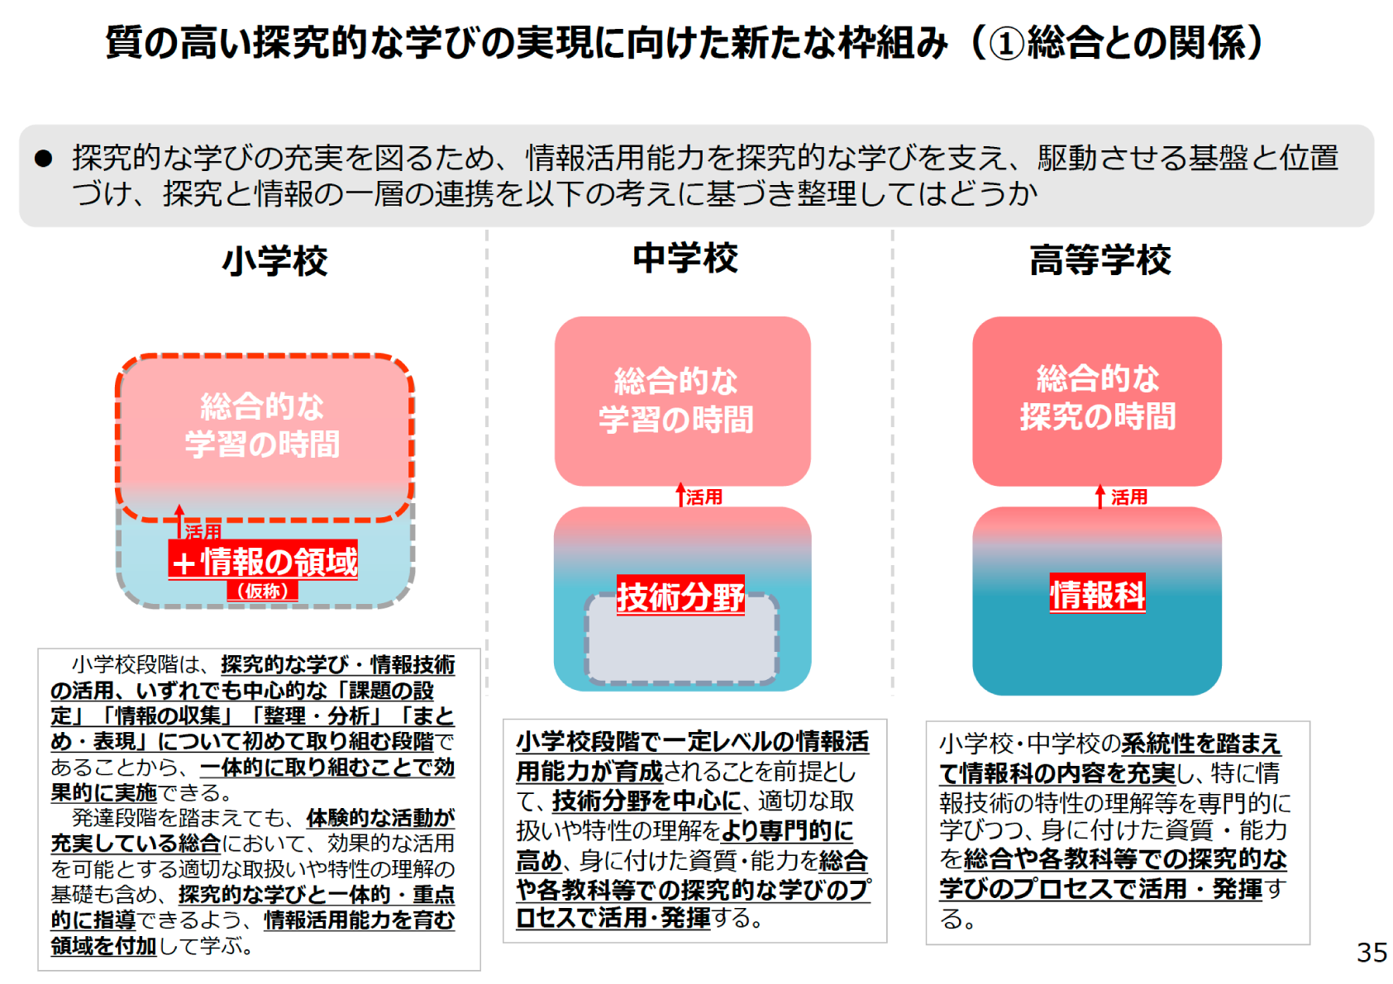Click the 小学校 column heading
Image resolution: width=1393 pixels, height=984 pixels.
coord(274,260)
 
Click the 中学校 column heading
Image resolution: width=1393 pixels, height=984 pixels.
coord(685,258)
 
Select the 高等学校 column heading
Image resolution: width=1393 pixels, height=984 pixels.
coord(1100,259)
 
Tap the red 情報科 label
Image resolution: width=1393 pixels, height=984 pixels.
coord(1097,594)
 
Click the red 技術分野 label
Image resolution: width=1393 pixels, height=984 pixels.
coord(680,596)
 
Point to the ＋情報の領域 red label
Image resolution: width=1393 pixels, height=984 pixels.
coord(263,561)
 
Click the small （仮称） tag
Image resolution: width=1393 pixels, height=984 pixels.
coord(262,591)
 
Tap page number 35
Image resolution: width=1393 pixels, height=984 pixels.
coord(1371,953)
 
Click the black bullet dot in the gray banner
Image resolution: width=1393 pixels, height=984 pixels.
coord(44,159)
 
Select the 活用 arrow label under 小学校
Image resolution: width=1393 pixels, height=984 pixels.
coord(203,531)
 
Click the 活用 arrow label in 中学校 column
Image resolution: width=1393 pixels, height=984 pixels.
coord(704,497)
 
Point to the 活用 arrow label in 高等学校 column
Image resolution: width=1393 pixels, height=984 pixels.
coord(1129,497)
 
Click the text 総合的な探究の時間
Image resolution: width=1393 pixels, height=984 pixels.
coord(1098,397)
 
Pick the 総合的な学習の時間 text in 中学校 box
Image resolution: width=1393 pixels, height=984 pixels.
coord(676,400)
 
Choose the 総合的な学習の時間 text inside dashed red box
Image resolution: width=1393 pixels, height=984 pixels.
coord(262,425)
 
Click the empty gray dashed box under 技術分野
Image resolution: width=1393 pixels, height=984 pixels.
coord(681,640)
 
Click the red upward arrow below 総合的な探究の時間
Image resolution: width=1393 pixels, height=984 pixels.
coord(1100,497)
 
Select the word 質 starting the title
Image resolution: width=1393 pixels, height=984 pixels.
coord(123,43)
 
